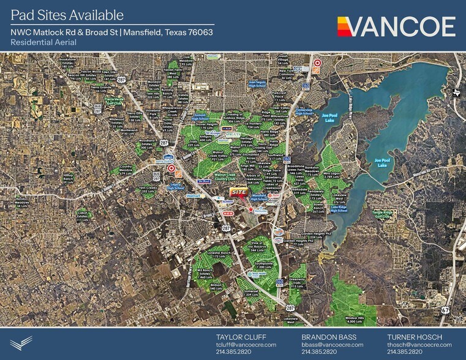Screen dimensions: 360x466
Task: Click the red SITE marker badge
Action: tap(240, 192)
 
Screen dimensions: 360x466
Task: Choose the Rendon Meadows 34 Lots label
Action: tap(23, 202)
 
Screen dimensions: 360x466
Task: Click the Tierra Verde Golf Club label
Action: tap(115, 100)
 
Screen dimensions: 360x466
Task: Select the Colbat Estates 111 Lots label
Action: tap(82, 215)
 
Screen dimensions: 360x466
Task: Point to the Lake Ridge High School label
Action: tap(339, 209)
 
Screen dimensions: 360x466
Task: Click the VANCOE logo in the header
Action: tap(396, 27)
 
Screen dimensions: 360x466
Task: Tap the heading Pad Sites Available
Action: tap(67, 15)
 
